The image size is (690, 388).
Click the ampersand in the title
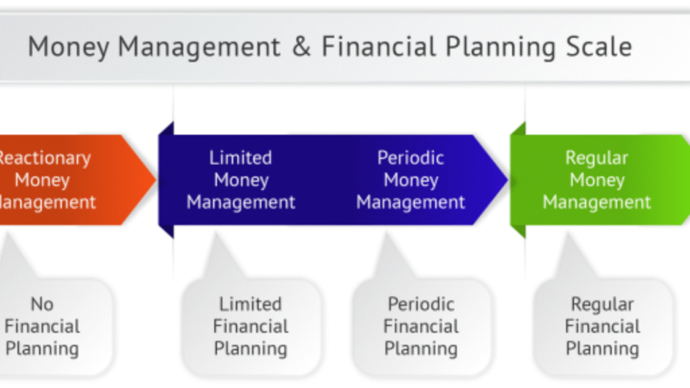coord(301,47)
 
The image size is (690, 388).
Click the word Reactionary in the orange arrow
coord(44,158)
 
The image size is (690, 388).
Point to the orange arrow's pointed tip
coord(155,180)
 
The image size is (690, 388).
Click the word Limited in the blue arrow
coord(241,158)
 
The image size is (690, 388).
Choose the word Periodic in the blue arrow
coord(410,158)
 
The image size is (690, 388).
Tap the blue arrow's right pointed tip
coord(506,180)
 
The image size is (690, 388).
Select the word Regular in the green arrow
coord(597,158)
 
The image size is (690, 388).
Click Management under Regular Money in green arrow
coord(597,202)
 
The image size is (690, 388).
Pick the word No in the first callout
coord(42,304)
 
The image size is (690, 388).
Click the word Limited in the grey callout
coord(251,304)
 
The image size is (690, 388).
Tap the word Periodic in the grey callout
coord(421,304)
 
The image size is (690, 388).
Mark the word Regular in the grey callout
coord(602,304)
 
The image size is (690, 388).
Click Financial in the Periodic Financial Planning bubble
coord(421,327)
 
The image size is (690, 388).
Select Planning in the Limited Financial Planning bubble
coord(251,350)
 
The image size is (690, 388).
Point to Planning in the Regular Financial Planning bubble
coord(602,350)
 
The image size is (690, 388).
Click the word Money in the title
coord(69,47)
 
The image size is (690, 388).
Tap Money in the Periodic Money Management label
coord(410,181)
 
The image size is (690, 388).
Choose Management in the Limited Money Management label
coord(241,202)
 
